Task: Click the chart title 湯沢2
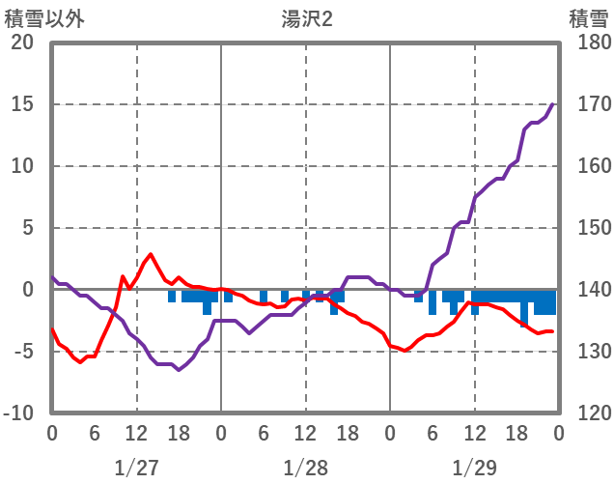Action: [306, 18]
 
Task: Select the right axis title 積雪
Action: [588, 18]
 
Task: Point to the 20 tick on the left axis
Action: [22, 43]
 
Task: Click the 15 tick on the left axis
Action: [22, 104]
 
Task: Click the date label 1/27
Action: [136, 468]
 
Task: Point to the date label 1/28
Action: [305, 468]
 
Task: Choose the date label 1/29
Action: [474, 468]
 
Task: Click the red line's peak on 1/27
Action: [151, 254]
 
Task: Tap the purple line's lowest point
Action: [179, 369]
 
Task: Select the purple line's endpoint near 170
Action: [552, 104]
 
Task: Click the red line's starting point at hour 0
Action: [52, 329]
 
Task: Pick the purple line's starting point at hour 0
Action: [52, 277]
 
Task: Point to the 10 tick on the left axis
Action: [22, 166]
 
